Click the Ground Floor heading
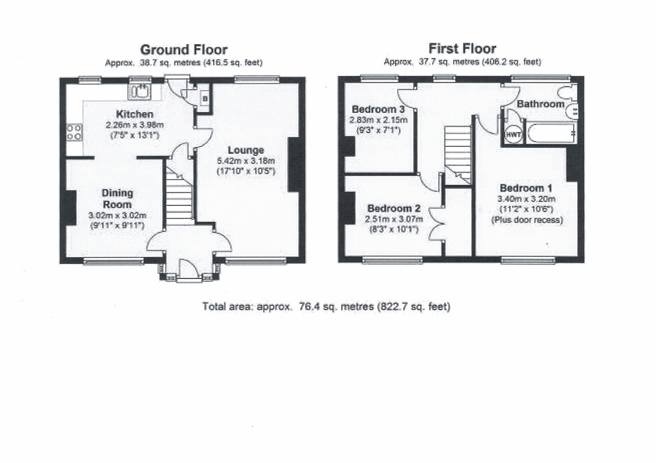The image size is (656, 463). click(x=183, y=50)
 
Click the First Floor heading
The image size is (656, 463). click(x=462, y=49)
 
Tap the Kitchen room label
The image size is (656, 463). click(x=135, y=114)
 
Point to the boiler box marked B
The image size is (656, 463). click(x=205, y=99)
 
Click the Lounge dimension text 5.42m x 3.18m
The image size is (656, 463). click(x=246, y=161)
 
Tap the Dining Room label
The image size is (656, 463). click(x=117, y=199)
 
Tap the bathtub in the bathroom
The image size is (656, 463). click(x=551, y=134)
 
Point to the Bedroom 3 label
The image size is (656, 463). click(x=378, y=109)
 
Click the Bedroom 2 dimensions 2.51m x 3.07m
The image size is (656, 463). click(x=394, y=219)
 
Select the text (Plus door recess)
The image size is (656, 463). click(x=527, y=220)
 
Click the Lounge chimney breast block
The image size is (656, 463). click(x=293, y=164)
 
